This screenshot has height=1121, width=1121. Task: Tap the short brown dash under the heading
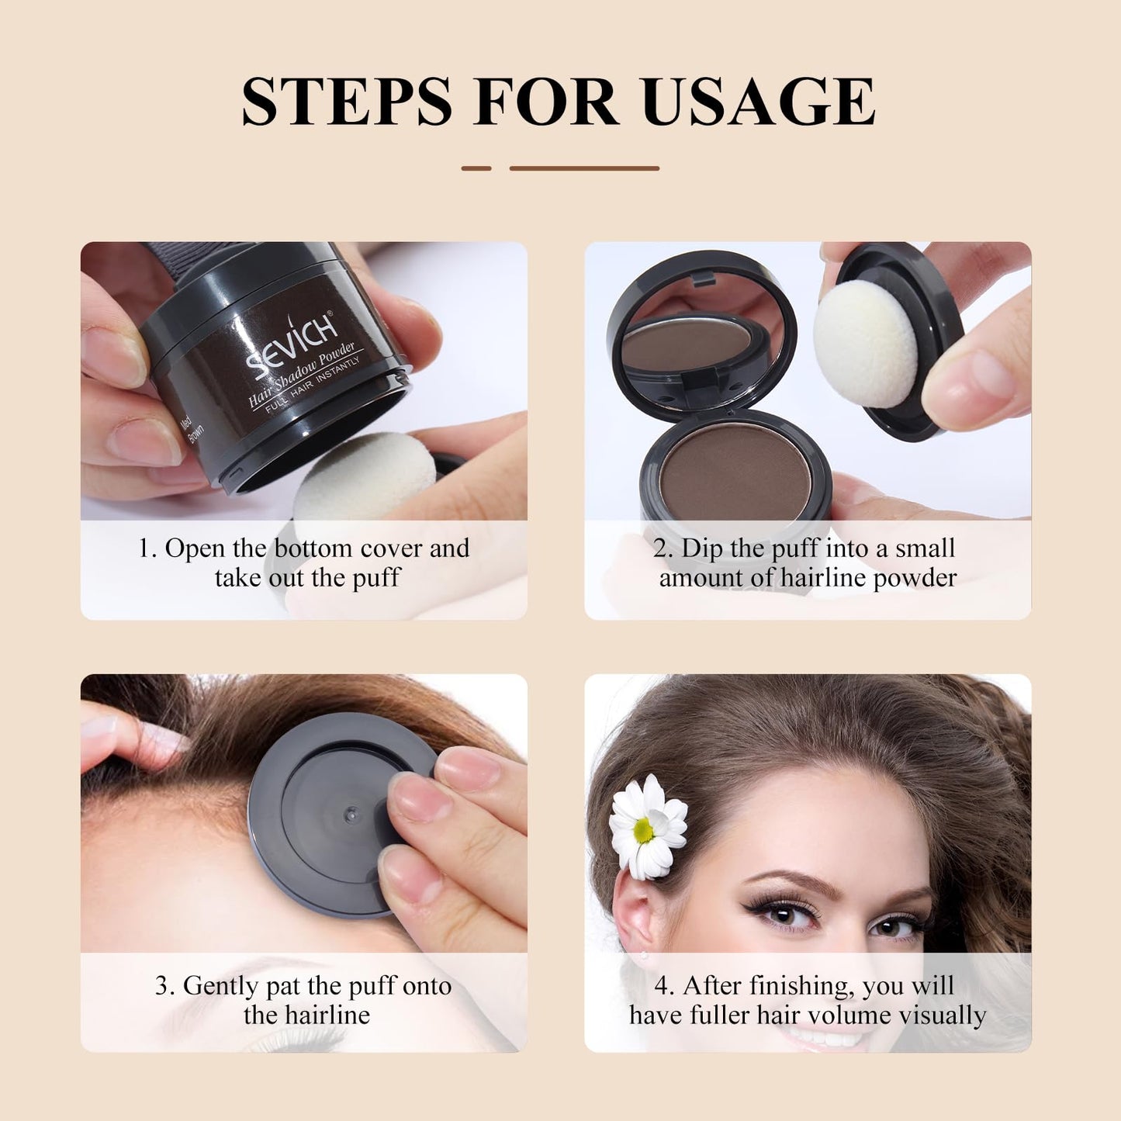click(x=476, y=168)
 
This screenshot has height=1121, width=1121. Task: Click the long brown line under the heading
click(x=584, y=168)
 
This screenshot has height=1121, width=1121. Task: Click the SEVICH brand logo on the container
click(x=292, y=342)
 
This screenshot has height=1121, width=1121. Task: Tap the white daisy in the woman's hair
click(x=648, y=828)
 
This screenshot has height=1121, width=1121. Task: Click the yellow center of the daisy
click(x=643, y=831)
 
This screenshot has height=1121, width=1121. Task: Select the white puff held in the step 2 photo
click(x=866, y=343)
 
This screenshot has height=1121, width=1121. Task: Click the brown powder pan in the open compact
click(x=735, y=469)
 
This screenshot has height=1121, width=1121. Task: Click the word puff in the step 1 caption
click(x=375, y=578)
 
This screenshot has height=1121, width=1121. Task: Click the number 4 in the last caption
click(x=661, y=986)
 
